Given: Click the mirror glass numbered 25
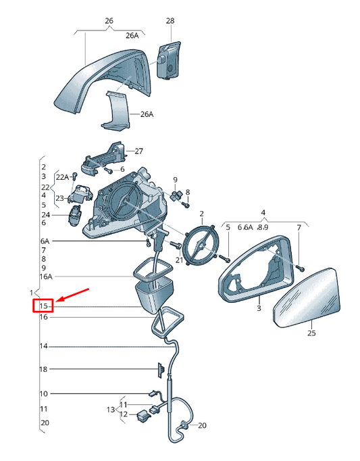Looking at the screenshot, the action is pyautogui.click(x=307, y=297).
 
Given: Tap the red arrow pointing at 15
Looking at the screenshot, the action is pyautogui.click(x=72, y=295).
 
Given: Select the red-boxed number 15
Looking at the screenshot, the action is pyautogui.click(x=43, y=306).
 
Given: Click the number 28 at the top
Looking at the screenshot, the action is pyautogui.click(x=170, y=20).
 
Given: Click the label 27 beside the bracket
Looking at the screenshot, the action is pyautogui.click(x=138, y=151).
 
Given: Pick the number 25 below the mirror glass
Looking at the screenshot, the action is pyautogui.click(x=311, y=333).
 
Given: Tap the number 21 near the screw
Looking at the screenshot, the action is pyautogui.click(x=179, y=260).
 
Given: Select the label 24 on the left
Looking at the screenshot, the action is pyautogui.click(x=45, y=215).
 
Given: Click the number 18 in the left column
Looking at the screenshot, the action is pyautogui.click(x=43, y=369).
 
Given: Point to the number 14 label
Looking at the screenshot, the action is pyautogui.click(x=43, y=346).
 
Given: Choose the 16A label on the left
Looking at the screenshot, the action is pyautogui.click(x=45, y=276).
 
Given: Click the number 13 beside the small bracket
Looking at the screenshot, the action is pyautogui.click(x=111, y=410).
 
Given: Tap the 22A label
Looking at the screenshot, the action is pyautogui.click(x=62, y=177).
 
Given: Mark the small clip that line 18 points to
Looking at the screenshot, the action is pyautogui.click(x=161, y=370).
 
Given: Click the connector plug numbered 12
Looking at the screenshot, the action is pyautogui.click(x=144, y=416).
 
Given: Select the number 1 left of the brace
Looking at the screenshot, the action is pyautogui.click(x=31, y=293).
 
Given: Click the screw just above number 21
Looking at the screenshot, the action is pyautogui.click(x=175, y=245).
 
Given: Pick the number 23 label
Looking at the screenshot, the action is pyautogui.click(x=59, y=199).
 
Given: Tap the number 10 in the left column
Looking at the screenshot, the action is pyautogui.click(x=43, y=393).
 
